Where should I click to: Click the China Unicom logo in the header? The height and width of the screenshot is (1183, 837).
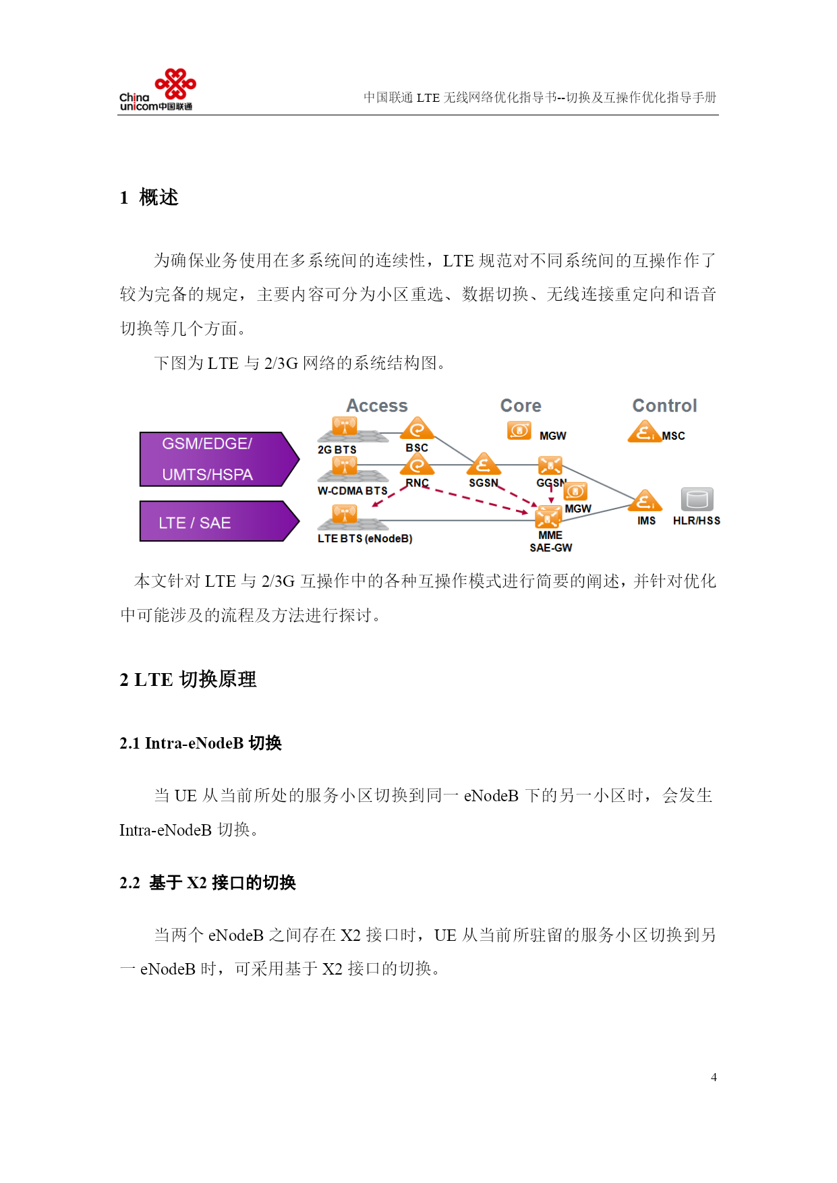pos(157,90)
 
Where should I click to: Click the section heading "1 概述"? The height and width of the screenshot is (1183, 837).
pos(149,198)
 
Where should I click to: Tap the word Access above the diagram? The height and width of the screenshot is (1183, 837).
pos(377,406)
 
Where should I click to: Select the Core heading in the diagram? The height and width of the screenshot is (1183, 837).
pos(521,406)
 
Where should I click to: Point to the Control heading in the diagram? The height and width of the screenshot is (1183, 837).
pos(664,406)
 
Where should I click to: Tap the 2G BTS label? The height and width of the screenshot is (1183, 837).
pos(337,450)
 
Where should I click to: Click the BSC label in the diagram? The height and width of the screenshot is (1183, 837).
pos(417,448)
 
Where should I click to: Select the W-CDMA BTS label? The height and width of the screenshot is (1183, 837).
pos(353,491)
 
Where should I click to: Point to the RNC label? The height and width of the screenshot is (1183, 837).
pos(417,483)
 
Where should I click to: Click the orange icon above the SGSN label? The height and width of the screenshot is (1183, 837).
pos(484,464)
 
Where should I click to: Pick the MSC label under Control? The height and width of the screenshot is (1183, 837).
pos(673,436)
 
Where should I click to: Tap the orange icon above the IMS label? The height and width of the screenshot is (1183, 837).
pos(645,500)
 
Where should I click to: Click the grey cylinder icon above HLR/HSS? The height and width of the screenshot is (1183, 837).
pos(697,500)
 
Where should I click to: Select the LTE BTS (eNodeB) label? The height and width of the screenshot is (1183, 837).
pos(365,539)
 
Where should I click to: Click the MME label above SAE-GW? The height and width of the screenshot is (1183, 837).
pos(550,536)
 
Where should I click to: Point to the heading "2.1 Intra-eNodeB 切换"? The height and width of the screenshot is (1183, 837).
pos(201,743)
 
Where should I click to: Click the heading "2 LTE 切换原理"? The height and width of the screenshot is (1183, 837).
pos(188,679)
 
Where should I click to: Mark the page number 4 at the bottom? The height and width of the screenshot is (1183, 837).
pos(714,1077)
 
